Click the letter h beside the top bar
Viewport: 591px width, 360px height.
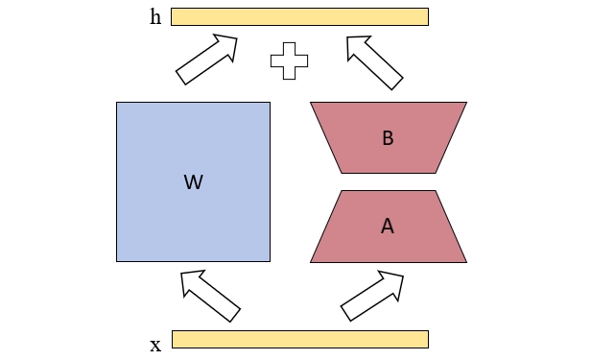coord(155,16)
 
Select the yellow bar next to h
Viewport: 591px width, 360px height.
coord(299,16)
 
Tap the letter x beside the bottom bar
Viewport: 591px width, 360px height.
coord(155,345)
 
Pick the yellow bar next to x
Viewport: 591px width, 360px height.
coord(299,339)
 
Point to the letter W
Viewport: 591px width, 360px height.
coord(193,181)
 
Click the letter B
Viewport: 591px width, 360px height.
coord(388,138)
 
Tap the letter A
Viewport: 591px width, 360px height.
coord(388,227)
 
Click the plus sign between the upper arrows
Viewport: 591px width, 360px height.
coord(289,60)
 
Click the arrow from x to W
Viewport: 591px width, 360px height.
coord(210,295)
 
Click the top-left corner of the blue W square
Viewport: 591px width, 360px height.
coord(117,103)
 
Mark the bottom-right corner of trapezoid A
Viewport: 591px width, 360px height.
coord(466,262)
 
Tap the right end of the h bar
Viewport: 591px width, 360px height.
coord(427,16)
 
